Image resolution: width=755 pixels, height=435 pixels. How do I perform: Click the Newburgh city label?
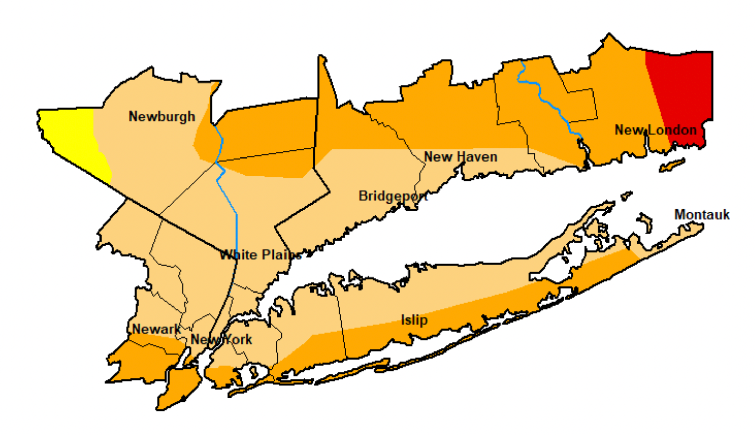pos(162,117)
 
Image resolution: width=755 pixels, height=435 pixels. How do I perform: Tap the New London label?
pos(655,130)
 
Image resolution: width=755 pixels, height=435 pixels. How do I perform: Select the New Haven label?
pos(460,157)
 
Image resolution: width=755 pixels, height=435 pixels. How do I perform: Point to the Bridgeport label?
pos(393,196)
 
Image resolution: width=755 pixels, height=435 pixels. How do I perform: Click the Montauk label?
pos(702,214)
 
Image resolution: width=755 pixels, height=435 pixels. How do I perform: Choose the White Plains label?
pos(261,255)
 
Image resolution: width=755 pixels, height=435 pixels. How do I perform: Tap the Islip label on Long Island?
pos(414,320)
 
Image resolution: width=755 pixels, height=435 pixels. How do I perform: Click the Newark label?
pos(156,329)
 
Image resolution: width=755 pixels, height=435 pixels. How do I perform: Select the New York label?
pos(221,340)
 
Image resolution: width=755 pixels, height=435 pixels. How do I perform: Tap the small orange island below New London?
pos(671,165)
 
